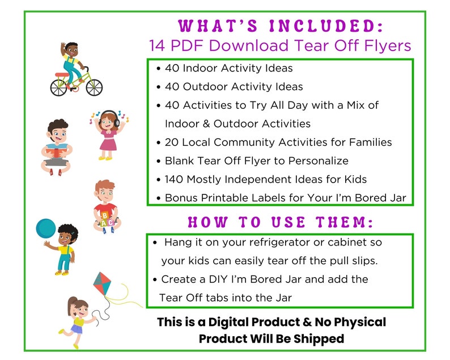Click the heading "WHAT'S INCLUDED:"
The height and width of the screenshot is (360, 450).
281,26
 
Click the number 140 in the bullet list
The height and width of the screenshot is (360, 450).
175,179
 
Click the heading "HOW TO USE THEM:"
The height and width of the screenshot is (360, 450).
280,222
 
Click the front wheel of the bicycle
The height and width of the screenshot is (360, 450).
94,87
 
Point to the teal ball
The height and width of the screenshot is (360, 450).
47,230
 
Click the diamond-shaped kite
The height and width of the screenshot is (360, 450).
102,283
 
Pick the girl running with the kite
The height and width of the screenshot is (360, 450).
77,321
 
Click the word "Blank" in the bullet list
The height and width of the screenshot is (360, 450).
179,160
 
